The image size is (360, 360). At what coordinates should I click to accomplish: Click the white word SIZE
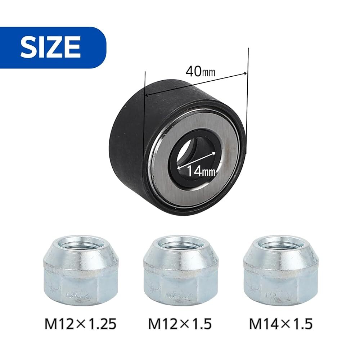tap(50, 47)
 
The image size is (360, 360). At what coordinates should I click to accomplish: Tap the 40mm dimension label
tap(201, 72)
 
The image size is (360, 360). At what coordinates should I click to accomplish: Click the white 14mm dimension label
tap(201, 171)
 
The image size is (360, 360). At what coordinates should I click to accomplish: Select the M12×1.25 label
tap(80, 324)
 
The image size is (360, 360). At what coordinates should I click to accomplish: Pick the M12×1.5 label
tap(180, 324)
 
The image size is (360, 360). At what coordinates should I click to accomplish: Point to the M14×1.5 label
tap(281, 324)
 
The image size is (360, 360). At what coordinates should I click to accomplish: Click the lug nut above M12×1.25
tap(80, 269)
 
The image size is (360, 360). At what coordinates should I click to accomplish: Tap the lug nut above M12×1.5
tap(180, 269)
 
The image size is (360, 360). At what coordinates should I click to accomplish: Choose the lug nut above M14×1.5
tap(281, 269)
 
